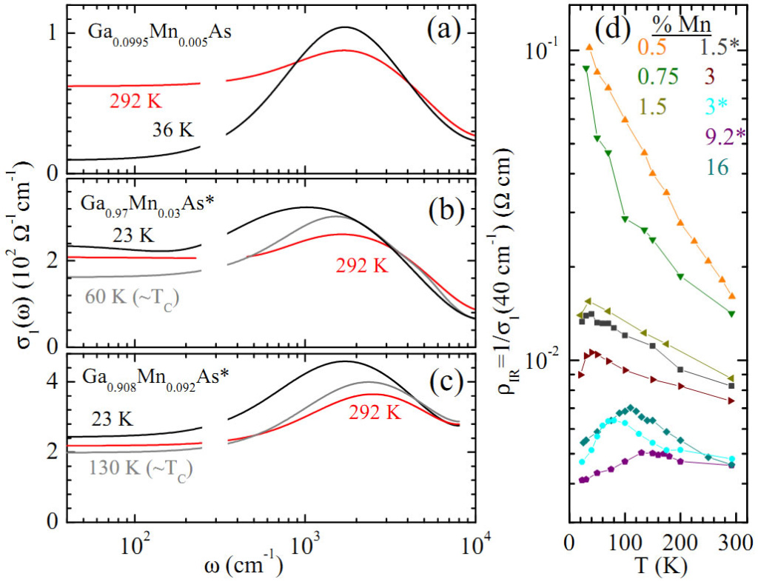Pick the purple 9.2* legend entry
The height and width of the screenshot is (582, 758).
[x=705, y=138]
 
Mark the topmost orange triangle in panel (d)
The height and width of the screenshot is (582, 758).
[x=589, y=47]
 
